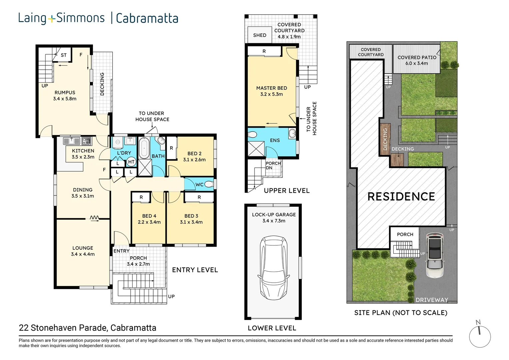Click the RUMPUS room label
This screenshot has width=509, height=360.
point(65,93)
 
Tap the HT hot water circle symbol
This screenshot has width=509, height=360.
point(131,162)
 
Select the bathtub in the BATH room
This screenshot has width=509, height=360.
point(144,148)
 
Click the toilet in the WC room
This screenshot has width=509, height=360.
point(209,184)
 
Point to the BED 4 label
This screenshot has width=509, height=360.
point(149,216)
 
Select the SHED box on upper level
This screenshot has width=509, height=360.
point(259,35)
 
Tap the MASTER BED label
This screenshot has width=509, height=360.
point(271,88)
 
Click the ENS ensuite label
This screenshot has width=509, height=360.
point(275,140)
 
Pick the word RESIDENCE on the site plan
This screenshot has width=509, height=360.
point(401,197)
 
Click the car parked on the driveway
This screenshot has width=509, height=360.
point(435,255)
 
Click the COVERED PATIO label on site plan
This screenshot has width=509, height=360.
point(417,57)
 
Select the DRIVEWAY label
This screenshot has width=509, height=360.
point(432,300)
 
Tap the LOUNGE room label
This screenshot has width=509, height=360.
point(83,248)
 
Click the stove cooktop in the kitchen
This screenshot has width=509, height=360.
point(87,141)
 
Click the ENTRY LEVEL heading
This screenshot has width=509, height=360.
point(195,270)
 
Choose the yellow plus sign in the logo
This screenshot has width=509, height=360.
point(51,19)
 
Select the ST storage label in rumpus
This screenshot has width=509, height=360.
point(64,55)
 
